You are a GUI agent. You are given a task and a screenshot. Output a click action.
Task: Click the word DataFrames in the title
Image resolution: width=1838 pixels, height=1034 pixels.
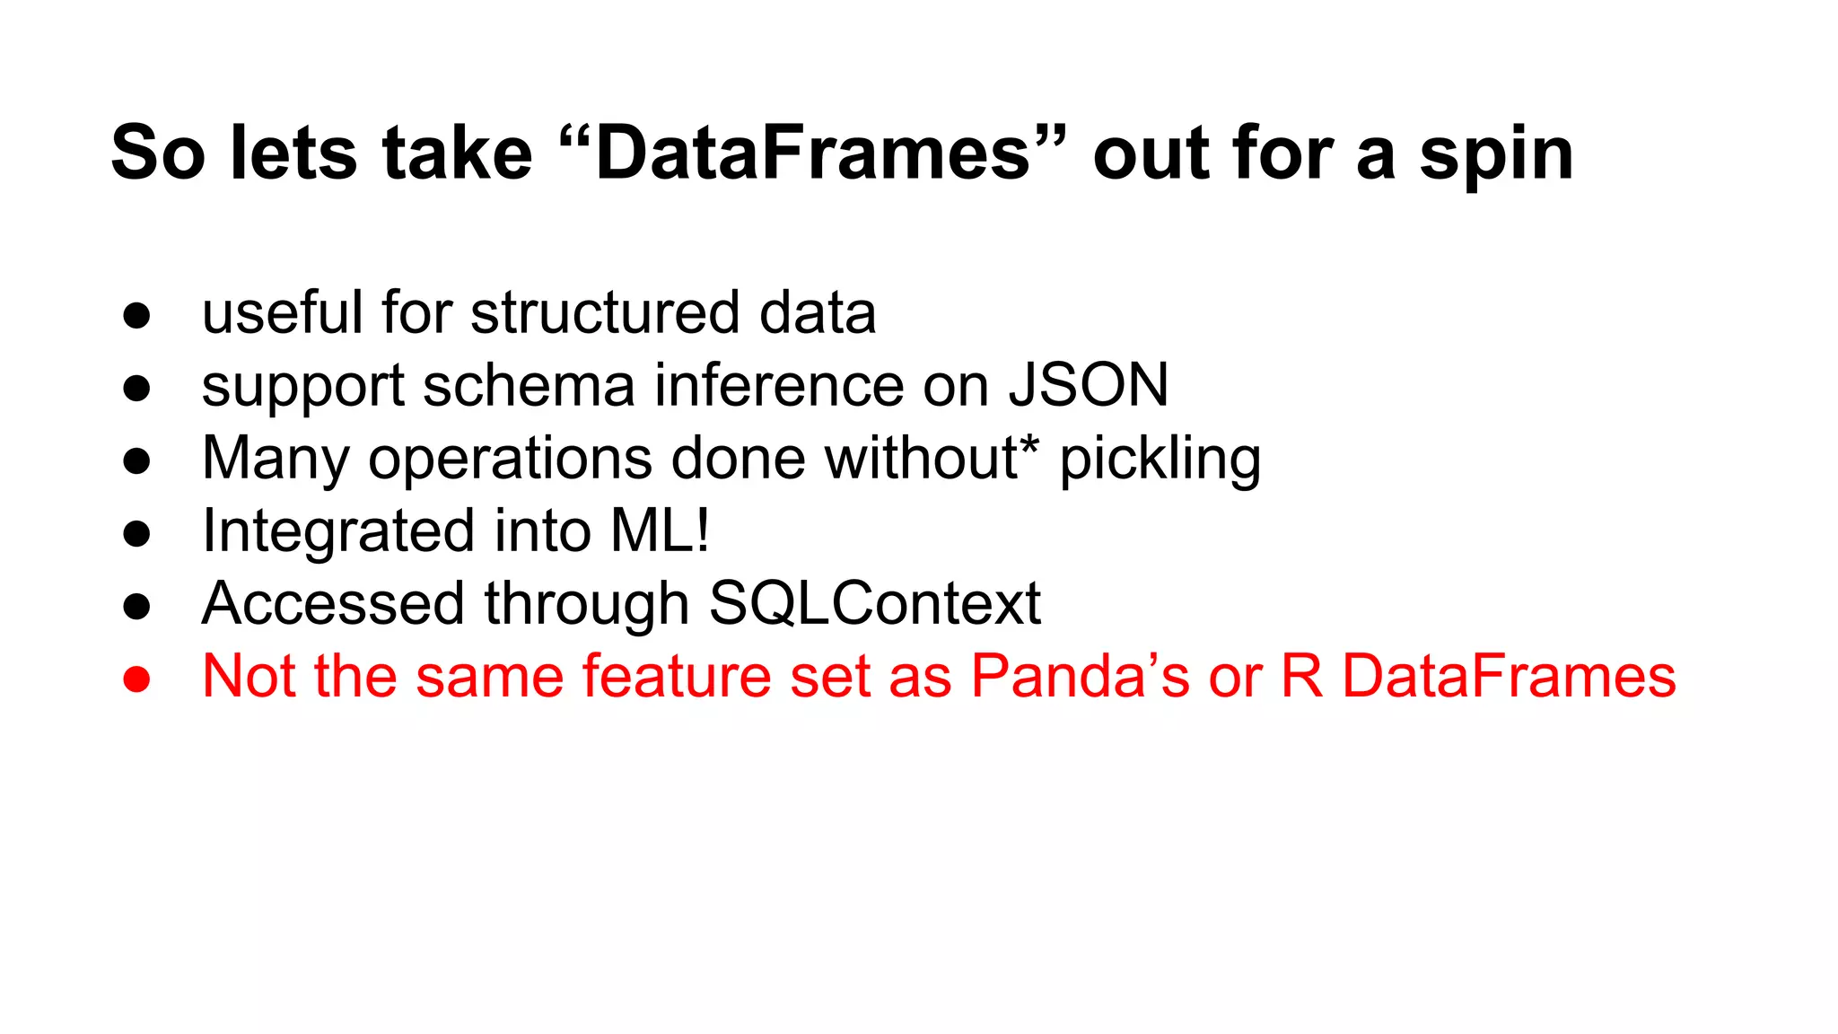tap(812, 153)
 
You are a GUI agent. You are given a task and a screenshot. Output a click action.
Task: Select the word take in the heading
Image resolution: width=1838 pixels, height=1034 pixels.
tap(457, 153)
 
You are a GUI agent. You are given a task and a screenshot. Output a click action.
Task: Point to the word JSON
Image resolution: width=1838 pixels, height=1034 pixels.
tap(1089, 385)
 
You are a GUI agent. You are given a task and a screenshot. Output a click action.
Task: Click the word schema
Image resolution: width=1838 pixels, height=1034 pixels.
tap(529, 385)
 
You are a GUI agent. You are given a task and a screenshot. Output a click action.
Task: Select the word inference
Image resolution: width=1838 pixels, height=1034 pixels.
tap(778, 385)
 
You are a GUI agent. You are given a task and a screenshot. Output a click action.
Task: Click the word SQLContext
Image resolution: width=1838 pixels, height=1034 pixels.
tap(874, 603)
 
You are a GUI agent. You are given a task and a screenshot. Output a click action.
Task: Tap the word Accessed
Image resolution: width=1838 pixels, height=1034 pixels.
tap(333, 603)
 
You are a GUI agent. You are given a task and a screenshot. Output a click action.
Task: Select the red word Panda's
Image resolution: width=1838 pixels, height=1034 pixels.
tap(1080, 676)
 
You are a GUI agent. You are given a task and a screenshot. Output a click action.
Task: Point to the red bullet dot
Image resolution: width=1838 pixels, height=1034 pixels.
tap(136, 679)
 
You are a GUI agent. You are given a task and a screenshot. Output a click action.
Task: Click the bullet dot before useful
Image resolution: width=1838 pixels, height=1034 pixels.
tap(136, 316)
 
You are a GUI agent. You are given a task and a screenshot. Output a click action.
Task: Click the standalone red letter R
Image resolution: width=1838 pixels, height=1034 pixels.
tap(1301, 676)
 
